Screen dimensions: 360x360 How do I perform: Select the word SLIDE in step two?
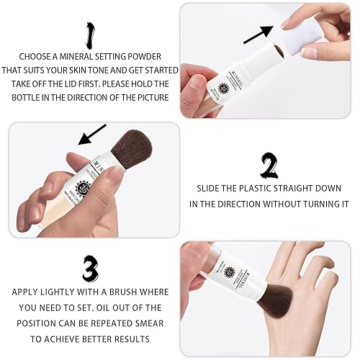point(210,189)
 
